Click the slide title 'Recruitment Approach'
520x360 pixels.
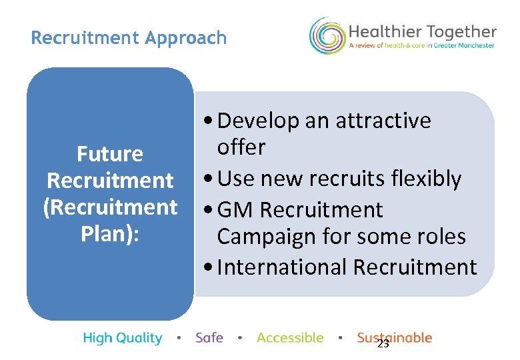tap(129, 38)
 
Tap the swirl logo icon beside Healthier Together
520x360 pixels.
tap(327, 36)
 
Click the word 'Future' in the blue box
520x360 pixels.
tap(110, 154)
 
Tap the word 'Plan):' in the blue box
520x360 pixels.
tap(110, 234)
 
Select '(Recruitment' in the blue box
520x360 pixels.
tap(110, 207)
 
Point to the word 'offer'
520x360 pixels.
tap(241, 147)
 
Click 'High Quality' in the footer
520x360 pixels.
tap(123, 338)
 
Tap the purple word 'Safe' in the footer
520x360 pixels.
tap(209, 338)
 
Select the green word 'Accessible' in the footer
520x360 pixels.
tap(290, 338)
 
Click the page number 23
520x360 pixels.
tap(383, 344)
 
